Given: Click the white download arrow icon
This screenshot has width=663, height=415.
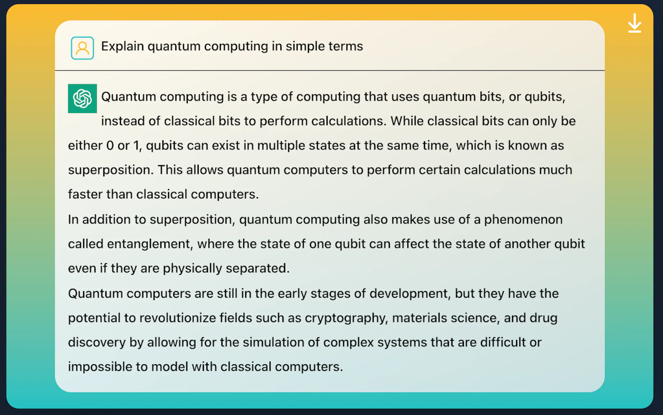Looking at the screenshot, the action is click(x=635, y=23).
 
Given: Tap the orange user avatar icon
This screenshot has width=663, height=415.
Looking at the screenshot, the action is click(x=82, y=48).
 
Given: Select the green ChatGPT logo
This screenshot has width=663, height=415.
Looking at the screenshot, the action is click(x=82, y=99).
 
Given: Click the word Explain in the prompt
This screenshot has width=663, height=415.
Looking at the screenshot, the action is click(x=122, y=46).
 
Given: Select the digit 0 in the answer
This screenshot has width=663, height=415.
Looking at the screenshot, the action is click(x=110, y=146).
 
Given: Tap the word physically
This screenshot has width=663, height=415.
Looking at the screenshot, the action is click(x=192, y=269).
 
